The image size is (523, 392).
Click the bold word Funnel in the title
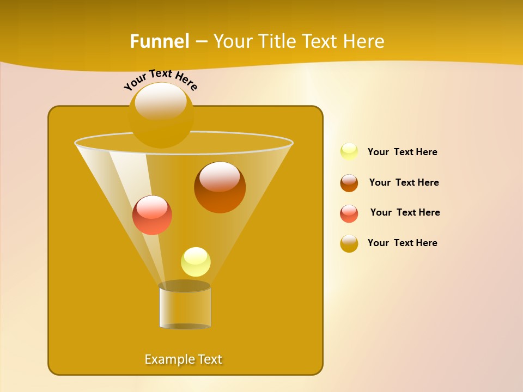(x=159, y=41)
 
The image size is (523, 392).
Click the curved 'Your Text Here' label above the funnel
(x=161, y=79)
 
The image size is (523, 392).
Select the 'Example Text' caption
(x=184, y=359)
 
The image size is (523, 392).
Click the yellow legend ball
(x=349, y=151)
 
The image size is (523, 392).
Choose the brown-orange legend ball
(x=349, y=183)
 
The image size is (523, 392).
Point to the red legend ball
(x=349, y=213)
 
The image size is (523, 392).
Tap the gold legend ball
(x=349, y=243)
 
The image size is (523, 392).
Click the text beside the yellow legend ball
(x=402, y=152)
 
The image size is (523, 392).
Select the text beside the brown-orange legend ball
(x=404, y=182)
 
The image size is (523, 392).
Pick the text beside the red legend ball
(x=405, y=212)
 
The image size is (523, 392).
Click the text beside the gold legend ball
(x=402, y=243)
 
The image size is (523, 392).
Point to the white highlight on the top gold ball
(x=161, y=101)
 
